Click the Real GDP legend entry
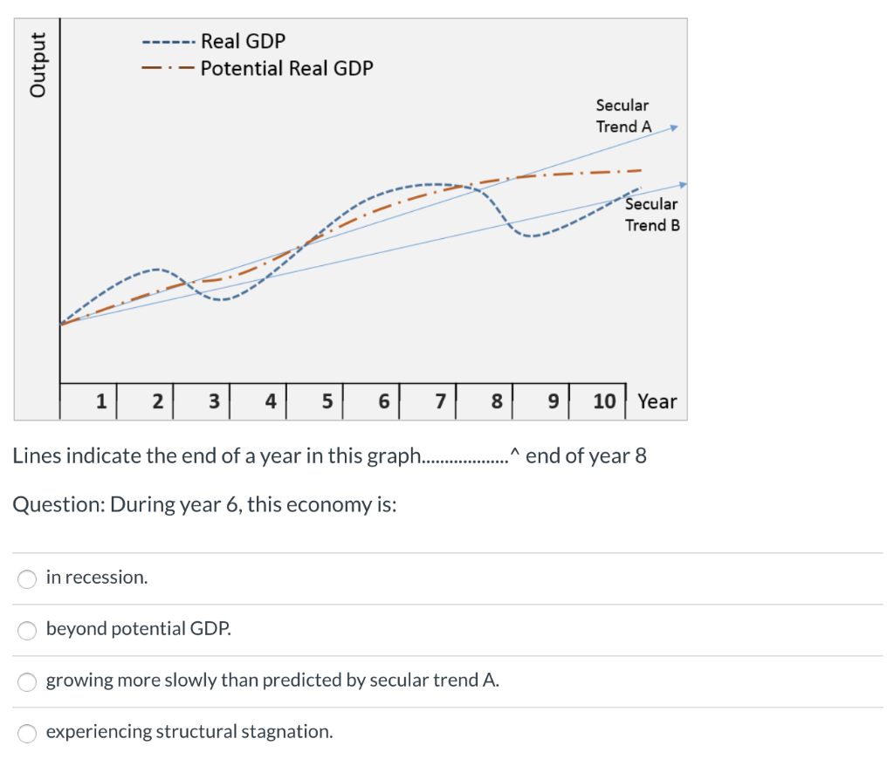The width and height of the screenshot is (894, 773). coord(243,41)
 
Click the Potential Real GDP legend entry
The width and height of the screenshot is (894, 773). coord(286,68)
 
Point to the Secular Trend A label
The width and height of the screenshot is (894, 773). coord(622,115)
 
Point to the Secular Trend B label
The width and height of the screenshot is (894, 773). coord(651,215)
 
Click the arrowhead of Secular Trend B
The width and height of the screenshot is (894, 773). coord(683,184)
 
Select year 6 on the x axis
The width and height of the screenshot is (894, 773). coord(383,401)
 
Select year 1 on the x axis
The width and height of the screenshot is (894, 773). coord(101,401)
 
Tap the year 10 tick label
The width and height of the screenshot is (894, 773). coord(604,401)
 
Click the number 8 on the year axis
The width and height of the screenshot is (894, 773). coord(497,401)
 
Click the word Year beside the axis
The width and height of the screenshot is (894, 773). coord(657,401)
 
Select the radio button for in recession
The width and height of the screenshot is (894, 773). coord(28,578)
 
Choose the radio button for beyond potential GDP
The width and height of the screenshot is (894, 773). coord(28,629)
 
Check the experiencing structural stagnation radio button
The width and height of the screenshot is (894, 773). coord(28,732)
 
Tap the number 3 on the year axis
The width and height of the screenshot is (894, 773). coord(214,401)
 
